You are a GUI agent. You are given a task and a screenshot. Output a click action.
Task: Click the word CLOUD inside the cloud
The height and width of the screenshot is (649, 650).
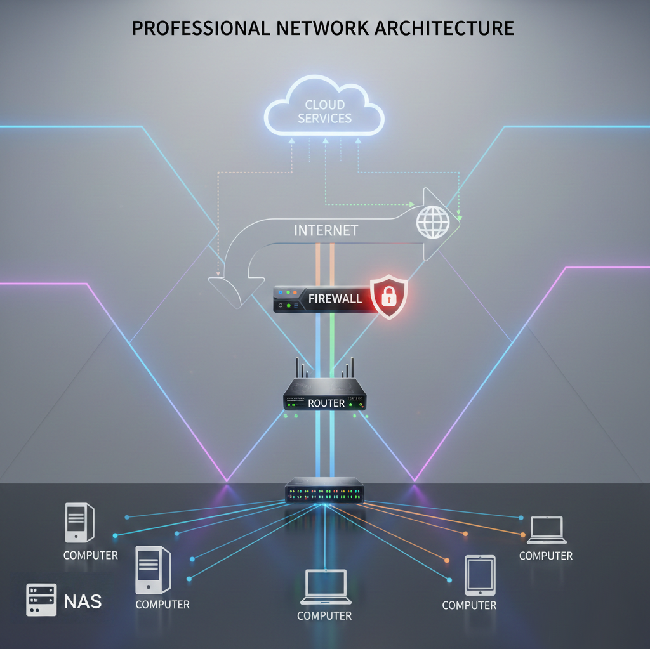pos(324,105)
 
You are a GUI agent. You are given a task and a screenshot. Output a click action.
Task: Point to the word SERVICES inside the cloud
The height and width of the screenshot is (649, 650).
pos(324,118)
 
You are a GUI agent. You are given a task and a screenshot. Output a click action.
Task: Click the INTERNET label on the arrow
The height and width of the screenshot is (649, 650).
pos(326,230)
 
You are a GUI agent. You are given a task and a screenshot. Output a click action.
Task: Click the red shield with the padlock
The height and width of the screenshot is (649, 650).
pos(388,296)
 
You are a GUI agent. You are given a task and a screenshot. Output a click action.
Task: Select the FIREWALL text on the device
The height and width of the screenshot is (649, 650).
pos(335,298)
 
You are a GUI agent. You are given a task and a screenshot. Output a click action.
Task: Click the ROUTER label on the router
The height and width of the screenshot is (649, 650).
pos(326,403)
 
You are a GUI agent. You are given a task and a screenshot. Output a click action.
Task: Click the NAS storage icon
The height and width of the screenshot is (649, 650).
pos(41,600)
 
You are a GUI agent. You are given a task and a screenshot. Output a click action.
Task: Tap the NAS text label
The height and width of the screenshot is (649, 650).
pos(83,601)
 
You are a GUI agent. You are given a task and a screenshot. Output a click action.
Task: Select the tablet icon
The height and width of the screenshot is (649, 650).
pos(479,575)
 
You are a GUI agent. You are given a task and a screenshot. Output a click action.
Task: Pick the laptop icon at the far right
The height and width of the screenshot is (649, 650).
pos(546,530)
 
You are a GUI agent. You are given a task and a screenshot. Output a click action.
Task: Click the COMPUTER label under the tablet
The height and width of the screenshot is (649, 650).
pos(469,605)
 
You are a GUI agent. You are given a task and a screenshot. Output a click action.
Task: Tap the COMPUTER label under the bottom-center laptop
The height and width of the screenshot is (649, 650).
pos(324,615)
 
